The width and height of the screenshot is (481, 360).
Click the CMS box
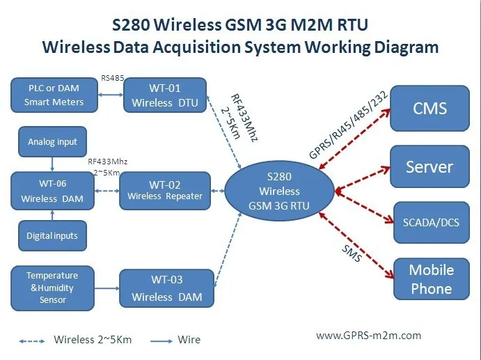coord(429,108)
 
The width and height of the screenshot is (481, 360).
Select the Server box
coord(429,167)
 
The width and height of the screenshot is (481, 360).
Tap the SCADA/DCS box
coord(431,224)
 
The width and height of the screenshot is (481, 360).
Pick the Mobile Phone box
coord(431,279)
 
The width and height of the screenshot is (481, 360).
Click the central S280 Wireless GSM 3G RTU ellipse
coord(279,189)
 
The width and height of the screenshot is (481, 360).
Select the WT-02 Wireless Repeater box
coord(165,190)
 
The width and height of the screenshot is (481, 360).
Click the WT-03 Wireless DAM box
coord(166,288)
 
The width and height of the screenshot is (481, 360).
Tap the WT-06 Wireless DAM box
coord(52,190)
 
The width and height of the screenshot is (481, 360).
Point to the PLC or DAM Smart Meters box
coord(54,95)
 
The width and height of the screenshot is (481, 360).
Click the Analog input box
coord(53,142)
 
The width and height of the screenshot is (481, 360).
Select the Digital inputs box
coord(53,235)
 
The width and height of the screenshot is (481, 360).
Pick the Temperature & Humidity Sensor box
coord(53,288)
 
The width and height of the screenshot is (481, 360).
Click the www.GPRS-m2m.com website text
coord(369,335)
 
